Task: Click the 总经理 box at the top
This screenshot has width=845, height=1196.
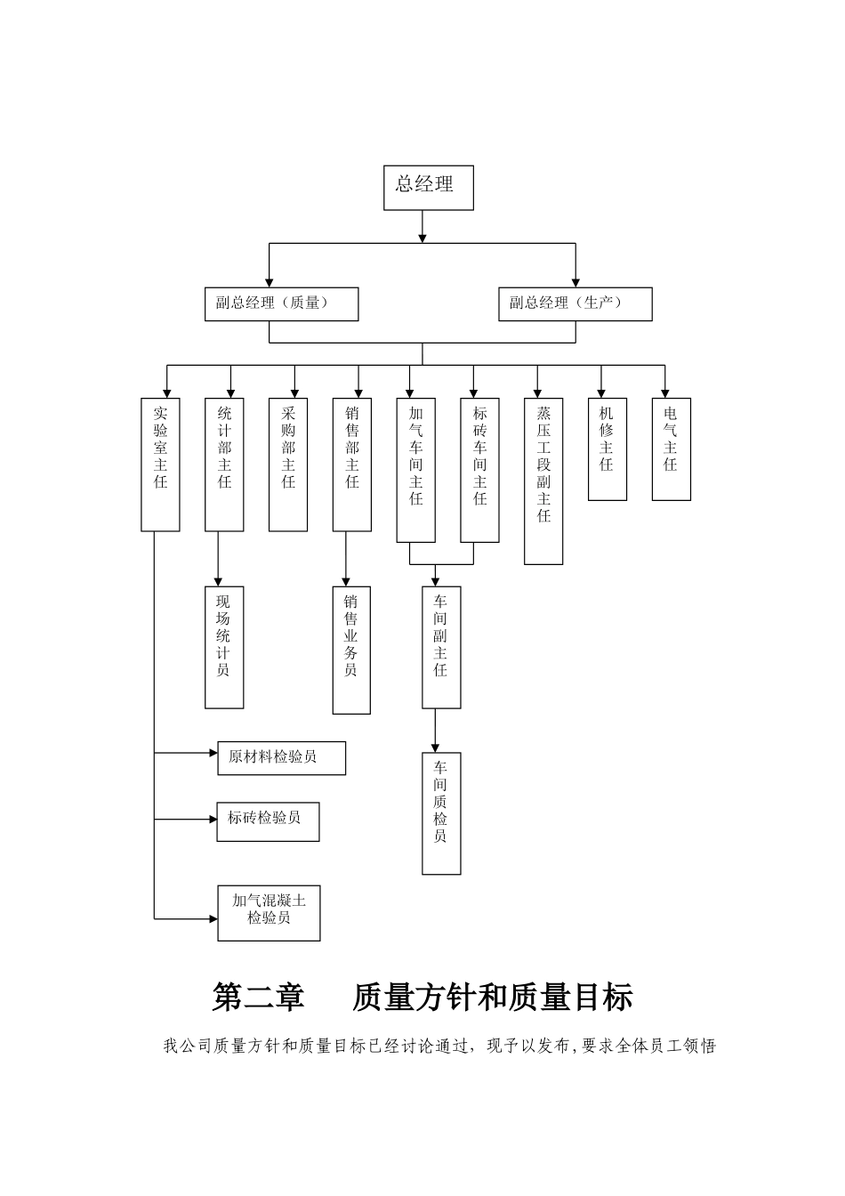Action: (x=428, y=187)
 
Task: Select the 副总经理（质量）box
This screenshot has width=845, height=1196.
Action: (x=281, y=303)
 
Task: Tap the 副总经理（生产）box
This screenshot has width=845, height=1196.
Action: (x=575, y=303)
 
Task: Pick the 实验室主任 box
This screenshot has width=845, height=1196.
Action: (x=160, y=464)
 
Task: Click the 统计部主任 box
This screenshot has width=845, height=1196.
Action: (x=224, y=464)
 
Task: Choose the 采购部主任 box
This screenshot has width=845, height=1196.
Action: (x=288, y=464)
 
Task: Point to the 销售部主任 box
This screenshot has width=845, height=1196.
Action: (x=352, y=464)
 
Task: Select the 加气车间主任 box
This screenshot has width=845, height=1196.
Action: (x=415, y=469)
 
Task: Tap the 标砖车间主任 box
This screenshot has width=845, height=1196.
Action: (x=479, y=469)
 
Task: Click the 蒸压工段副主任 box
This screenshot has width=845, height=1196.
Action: (x=543, y=481)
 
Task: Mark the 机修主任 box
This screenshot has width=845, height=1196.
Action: (x=608, y=448)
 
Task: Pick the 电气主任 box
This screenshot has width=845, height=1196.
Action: (x=672, y=448)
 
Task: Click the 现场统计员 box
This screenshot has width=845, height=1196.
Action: (x=224, y=647)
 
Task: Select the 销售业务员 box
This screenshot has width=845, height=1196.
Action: (x=351, y=650)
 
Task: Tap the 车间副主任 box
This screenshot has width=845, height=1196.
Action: (x=441, y=647)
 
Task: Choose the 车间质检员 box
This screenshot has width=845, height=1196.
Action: (x=441, y=812)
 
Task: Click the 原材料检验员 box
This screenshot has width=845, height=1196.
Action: (x=281, y=757)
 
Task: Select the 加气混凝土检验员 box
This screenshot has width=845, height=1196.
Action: (x=269, y=912)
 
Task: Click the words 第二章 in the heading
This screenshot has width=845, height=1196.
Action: (x=259, y=998)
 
